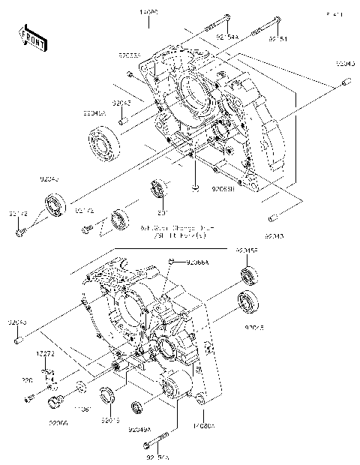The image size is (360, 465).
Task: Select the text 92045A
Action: [x=95, y=114]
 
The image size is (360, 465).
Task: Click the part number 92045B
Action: [x=247, y=250]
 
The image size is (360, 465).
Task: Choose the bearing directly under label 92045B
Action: [x=248, y=275]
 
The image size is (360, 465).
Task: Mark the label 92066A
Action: [x=199, y=262]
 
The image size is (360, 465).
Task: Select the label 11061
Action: [x=85, y=409]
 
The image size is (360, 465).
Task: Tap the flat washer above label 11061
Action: [x=79, y=388]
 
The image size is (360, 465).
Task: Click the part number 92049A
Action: [x=139, y=430]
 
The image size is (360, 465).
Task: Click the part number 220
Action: [x=28, y=381]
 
